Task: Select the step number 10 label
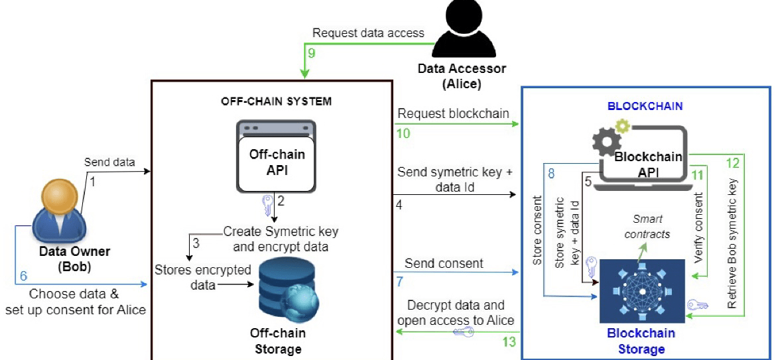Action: [403, 133]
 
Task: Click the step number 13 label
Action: [509, 342]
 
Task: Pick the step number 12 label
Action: [732, 163]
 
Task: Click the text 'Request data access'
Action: [368, 32]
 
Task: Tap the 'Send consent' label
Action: [444, 263]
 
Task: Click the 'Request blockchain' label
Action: [453, 113]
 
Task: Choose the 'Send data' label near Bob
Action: [109, 162]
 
